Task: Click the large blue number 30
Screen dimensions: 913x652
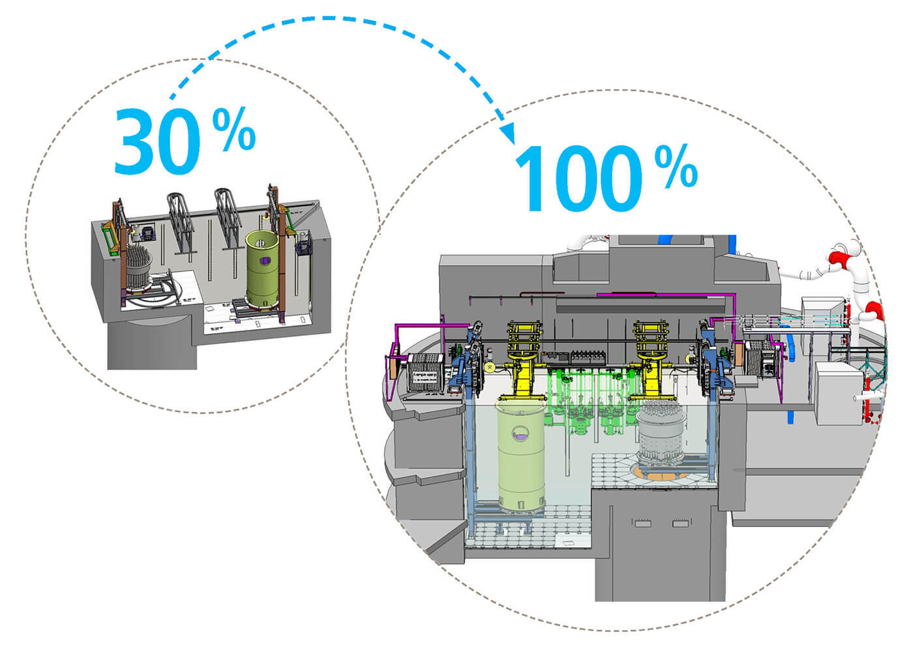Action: point(157,141)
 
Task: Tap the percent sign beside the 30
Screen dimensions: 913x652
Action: point(234,130)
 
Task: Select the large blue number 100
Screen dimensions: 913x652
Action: point(579,179)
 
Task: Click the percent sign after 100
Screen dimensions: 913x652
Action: point(676,167)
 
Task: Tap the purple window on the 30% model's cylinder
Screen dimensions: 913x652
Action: point(265,260)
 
